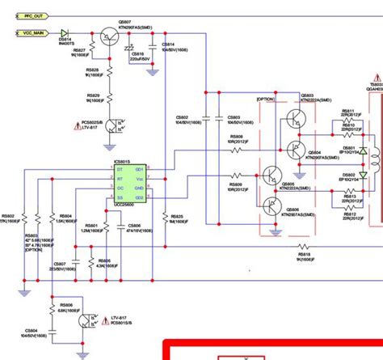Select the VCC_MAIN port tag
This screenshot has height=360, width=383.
tap(31, 33)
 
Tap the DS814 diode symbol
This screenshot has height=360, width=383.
tap(64, 33)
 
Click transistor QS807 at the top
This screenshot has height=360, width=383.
tap(107, 36)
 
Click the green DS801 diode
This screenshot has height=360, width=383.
tap(363, 151)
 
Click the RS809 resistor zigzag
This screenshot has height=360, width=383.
tap(236, 175)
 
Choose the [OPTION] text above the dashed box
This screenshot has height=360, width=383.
tap(267, 99)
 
